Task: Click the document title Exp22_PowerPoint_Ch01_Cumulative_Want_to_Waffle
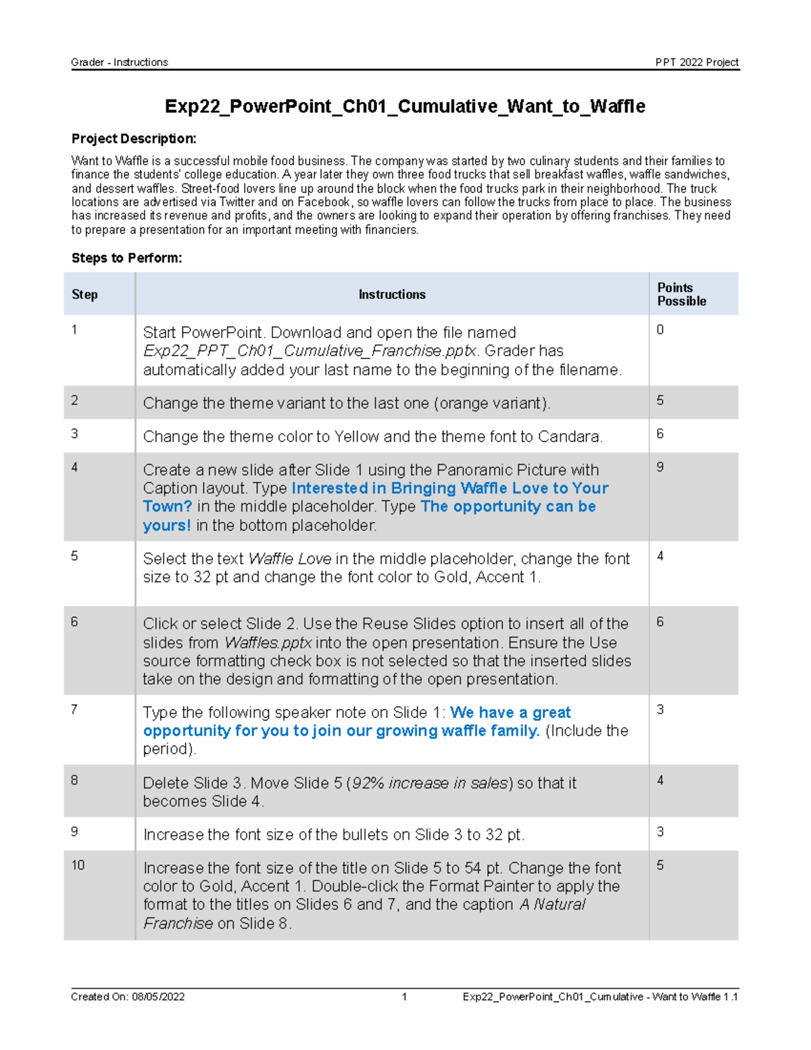pos(405,106)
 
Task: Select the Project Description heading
pos(134,139)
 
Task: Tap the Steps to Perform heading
pos(126,258)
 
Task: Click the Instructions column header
pos(392,294)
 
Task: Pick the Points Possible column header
pos(681,294)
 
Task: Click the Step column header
pos(84,294)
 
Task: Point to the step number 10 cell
pos(78,865)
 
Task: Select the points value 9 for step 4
pos(660,467)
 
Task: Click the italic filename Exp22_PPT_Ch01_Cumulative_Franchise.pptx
pos(310,351)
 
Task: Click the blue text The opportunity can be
pos(508,506)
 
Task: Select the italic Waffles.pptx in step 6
pos(268,642)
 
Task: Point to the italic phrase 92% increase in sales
pos(429,783)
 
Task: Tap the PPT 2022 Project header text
pos(696,62)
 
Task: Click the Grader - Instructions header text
pos(120,62)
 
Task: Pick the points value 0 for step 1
pos(660,330)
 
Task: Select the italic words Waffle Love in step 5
pos(290,559)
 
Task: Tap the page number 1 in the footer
pos(404,997)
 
